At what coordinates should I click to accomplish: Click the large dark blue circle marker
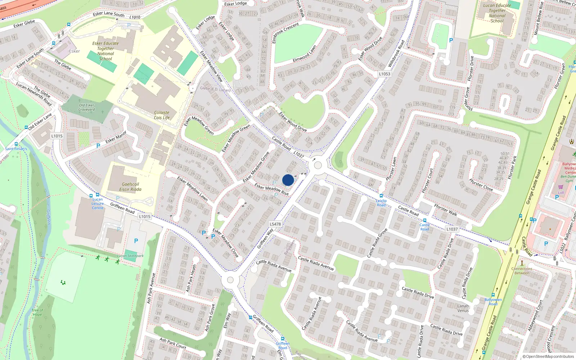288,180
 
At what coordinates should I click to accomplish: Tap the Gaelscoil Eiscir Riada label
130,187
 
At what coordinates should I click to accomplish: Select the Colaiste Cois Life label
162,115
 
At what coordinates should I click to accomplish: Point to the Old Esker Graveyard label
86,107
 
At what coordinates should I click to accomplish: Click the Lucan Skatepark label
130,256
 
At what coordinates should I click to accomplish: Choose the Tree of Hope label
37,312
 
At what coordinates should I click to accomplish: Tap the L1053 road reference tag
384,74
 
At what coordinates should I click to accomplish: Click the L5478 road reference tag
275,224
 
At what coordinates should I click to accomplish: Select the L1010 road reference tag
135,17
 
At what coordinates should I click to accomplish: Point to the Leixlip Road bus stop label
381,203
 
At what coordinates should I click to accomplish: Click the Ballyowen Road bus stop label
493,302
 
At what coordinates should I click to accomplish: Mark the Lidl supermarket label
561,193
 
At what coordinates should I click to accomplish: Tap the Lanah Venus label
463,308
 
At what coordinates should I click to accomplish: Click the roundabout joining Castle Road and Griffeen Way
318,165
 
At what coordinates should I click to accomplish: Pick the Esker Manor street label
116,137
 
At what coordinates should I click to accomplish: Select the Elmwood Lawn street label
305,53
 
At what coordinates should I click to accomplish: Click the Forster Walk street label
446,210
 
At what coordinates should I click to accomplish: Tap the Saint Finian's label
16,149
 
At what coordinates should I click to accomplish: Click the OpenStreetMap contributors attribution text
548,357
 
